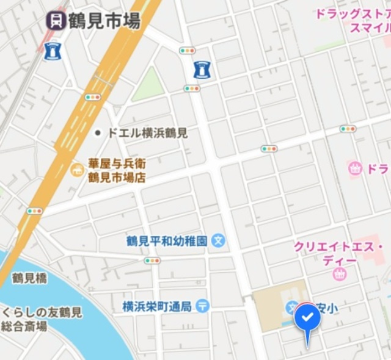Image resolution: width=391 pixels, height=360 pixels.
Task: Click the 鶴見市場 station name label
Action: pyautogui.click(x=104, y=21)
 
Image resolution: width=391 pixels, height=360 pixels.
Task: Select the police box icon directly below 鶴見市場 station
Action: pyautogui.click(x=51, y=51)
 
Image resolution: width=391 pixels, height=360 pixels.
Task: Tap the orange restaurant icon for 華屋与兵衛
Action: pyautogui.click(x=77, y=168)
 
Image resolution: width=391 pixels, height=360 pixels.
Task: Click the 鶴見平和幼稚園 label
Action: pyautogui.click(x=167, y=241)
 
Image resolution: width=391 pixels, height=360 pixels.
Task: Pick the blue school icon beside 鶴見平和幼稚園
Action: pyautogui.click(x=219, y=241)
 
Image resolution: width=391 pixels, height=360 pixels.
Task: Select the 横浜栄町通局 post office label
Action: pyautogui.click(x=157, y=306)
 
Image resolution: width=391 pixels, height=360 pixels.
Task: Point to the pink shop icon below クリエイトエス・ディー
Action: pyautogui.click(x=340, y=274)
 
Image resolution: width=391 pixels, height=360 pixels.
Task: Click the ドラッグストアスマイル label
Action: pyautogui.click(x=353, y=21)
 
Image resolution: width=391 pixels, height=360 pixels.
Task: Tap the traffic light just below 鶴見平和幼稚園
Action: pyautogui.click(x=152, y=261)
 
